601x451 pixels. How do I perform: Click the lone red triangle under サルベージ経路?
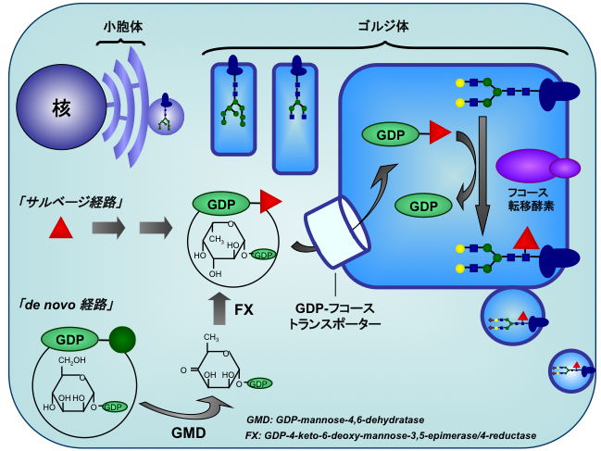60,227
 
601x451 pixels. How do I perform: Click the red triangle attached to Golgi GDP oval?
440,135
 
